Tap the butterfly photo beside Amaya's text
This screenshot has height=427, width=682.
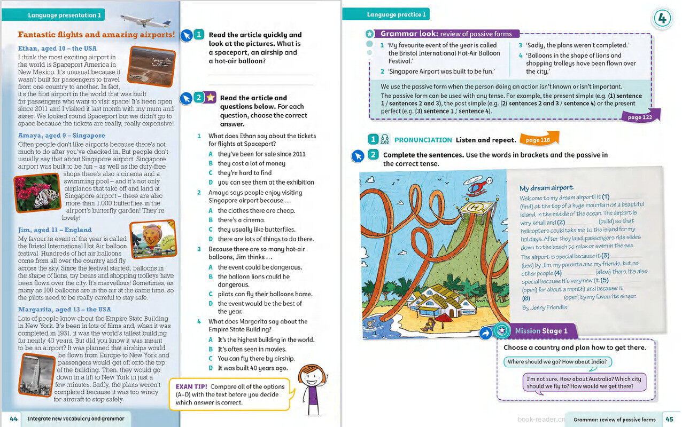tap(36, 192)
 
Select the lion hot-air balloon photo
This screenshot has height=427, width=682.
tap(153, 240)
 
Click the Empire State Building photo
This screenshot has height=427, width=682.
tap(37, 375)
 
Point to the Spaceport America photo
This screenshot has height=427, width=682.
tap(152, 66)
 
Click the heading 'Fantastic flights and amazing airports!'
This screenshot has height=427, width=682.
tap(96, 35)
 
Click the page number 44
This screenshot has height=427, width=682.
tap(14, 419)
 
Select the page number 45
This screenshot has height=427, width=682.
tap(669, 419)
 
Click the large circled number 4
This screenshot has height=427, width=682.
tap(662, 19)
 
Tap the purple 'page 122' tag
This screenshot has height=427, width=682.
tap(640, 117)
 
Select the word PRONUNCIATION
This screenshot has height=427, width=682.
tap(423, 140)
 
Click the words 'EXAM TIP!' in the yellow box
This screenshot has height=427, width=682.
tap(191, 386)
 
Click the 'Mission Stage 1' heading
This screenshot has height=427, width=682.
tap(541, 331)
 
